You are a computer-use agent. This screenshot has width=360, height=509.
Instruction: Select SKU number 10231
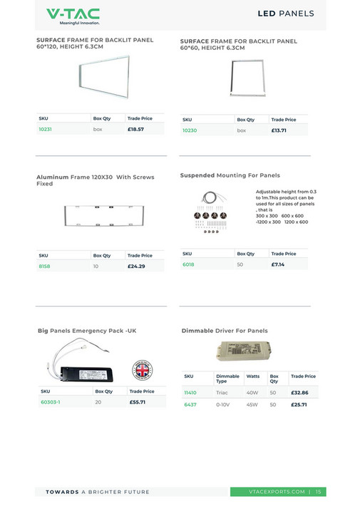point(46,130)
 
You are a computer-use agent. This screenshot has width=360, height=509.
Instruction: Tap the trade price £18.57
point(136,130)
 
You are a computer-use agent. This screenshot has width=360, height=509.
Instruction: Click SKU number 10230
point(190,130)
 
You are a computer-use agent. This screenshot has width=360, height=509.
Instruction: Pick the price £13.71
point(279,130)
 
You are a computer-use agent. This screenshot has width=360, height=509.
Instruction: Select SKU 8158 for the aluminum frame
point(44,266)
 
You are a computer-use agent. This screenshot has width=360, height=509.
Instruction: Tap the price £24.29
point(136,266)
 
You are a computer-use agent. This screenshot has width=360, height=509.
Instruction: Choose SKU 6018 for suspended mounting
point(188,264)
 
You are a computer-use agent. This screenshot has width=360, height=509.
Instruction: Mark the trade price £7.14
point(278,264)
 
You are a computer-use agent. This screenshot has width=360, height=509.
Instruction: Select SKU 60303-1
point(50,402)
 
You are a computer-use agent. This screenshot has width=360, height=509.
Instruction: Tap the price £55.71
point(138,402)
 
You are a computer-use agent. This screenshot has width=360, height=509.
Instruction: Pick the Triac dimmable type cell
point(222,393)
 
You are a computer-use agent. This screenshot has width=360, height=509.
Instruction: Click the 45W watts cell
point(252,404)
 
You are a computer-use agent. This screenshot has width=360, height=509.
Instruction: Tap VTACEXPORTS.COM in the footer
point(279,492)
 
